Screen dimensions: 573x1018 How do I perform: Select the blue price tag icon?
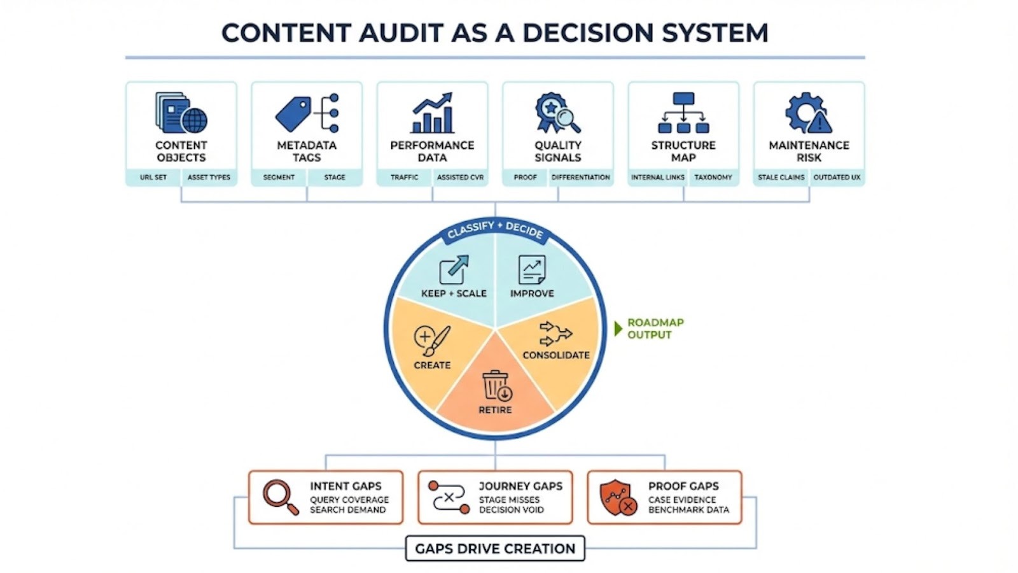coord(293,114)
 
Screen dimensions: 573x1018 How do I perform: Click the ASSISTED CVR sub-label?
coord(460,177)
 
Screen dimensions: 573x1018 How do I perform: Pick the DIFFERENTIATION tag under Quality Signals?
coord(580,177)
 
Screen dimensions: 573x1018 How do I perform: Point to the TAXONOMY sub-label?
coord(713,177)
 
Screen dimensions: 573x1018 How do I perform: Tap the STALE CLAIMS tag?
coord(781,177)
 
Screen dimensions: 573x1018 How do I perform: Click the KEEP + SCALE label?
coord(454,294)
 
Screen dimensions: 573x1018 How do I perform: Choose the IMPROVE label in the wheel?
coord(532,294)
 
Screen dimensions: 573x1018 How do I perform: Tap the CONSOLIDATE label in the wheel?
coord(556,355)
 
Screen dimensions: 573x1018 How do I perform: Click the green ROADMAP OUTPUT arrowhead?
coord(618,329)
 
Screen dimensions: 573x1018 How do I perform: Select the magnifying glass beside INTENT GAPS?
coord(280,497)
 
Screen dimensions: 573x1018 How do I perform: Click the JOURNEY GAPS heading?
coord(520,486)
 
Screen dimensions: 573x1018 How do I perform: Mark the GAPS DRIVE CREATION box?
coord(495,548)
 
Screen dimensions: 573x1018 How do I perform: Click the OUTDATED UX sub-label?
coord(836,177)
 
